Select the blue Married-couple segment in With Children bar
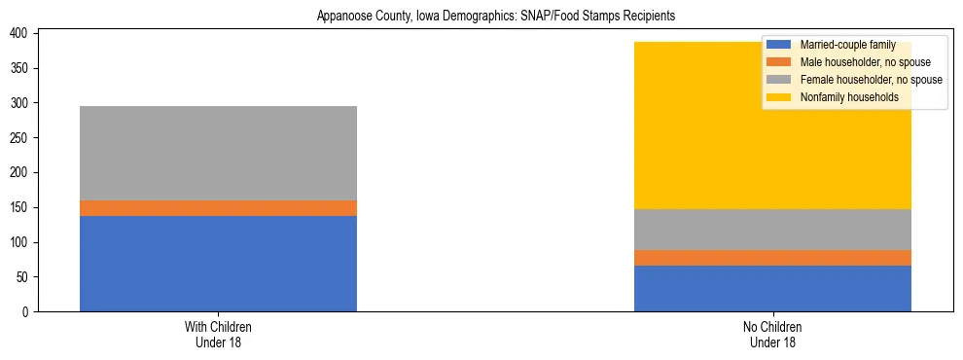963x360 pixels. pos(218,264)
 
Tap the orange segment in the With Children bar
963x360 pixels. pos(218,208)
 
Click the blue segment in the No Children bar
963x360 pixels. pos(772,288)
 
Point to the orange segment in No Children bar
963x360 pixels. pos(772,258)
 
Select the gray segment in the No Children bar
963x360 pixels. pos(772,230)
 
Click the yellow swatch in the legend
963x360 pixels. pos(778,97)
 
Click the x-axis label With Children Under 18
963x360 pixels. pos(218,335)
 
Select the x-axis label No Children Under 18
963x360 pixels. pos(772,335)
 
